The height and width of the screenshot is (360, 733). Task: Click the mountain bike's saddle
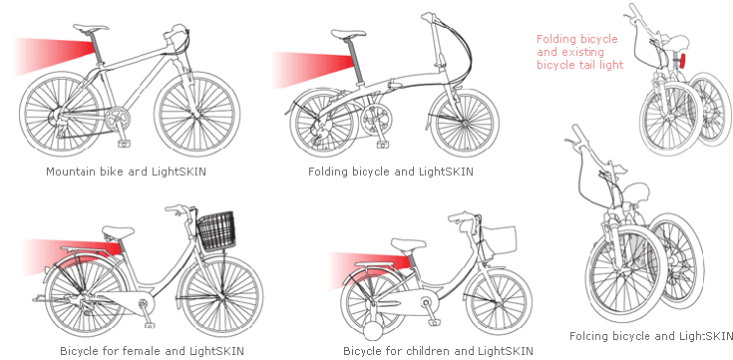tap(90, 27)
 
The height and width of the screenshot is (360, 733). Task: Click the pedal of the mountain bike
tap(125, 144)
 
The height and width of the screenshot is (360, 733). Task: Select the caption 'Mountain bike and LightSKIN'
tap(127, 172)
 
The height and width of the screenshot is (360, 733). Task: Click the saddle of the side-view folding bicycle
tap(348, 34)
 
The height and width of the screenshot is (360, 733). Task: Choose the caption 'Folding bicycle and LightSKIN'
tap(391, 172)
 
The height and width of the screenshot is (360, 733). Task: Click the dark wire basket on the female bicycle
tap(216, 231)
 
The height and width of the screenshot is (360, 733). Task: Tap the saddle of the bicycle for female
tap(119, 231)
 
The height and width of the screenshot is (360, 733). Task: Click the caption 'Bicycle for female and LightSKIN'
tap(152, 351)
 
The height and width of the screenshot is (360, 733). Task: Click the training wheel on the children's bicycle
tap(375, 332)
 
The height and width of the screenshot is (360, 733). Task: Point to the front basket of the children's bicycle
tap(500, 239)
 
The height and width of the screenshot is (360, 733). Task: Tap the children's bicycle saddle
tap(408, 244)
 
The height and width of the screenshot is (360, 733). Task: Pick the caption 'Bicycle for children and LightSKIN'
tap(438, 351)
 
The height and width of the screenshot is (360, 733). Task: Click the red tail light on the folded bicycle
tap(682, 61)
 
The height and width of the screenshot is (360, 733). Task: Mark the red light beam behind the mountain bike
tap(54, 56)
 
